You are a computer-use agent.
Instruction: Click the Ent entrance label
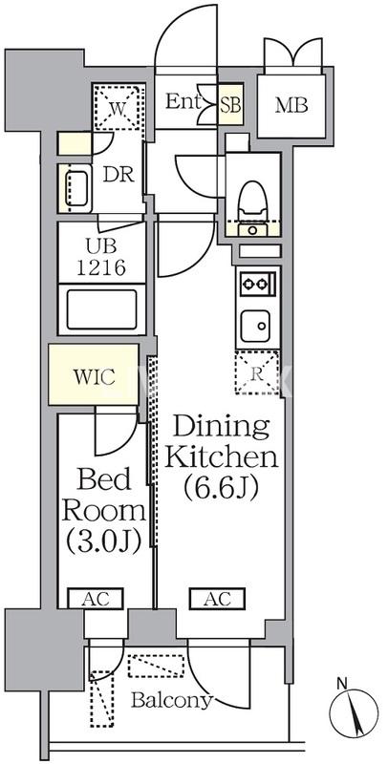click(183, 102)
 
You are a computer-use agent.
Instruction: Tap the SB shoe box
click(230, 105)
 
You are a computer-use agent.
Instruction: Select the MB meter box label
click(291, 105)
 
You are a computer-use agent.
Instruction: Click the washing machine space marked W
click(119, 108)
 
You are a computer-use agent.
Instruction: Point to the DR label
click(119, 175)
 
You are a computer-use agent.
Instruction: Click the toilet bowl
click(253, 200)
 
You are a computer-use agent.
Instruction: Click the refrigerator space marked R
click(257, 372)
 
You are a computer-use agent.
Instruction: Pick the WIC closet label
click(94, 375)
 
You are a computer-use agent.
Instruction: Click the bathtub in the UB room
click(102, 308)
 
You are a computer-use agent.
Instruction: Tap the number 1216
click(102, 267)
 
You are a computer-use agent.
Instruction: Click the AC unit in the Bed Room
click(95, 599)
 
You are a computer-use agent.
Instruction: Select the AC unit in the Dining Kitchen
click(217, 599)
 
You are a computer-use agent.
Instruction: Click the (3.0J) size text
click(104, 540)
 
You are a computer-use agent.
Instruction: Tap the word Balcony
click(172, 700)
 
